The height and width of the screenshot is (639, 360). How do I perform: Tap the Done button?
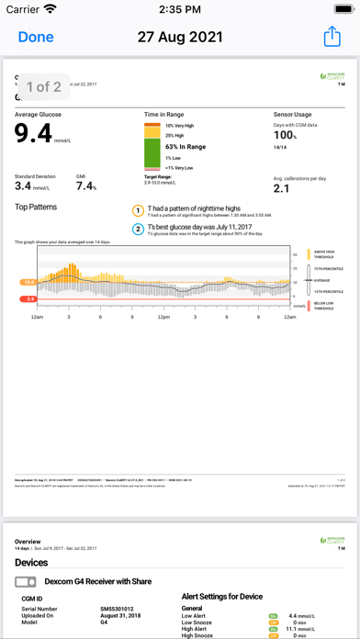36,37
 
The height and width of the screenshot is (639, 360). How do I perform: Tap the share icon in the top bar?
332,37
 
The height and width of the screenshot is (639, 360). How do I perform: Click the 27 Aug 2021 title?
180,37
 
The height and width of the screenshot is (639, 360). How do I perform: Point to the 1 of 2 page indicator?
43,87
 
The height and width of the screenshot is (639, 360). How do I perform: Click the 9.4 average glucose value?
35,134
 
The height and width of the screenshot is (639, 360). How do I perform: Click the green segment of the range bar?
152,151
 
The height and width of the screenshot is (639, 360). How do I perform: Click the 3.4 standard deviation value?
24,186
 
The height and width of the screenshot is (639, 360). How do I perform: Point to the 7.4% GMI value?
86,186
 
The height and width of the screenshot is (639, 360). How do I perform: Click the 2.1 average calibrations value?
282,188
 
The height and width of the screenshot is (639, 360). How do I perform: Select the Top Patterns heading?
36,207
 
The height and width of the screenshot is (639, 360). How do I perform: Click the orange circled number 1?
139,210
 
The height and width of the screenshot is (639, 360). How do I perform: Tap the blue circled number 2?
139,229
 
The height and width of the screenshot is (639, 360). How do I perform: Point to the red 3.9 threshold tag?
29,298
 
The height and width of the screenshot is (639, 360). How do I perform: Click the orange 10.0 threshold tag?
28,283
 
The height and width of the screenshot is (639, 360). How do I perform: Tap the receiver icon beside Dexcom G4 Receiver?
27,582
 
